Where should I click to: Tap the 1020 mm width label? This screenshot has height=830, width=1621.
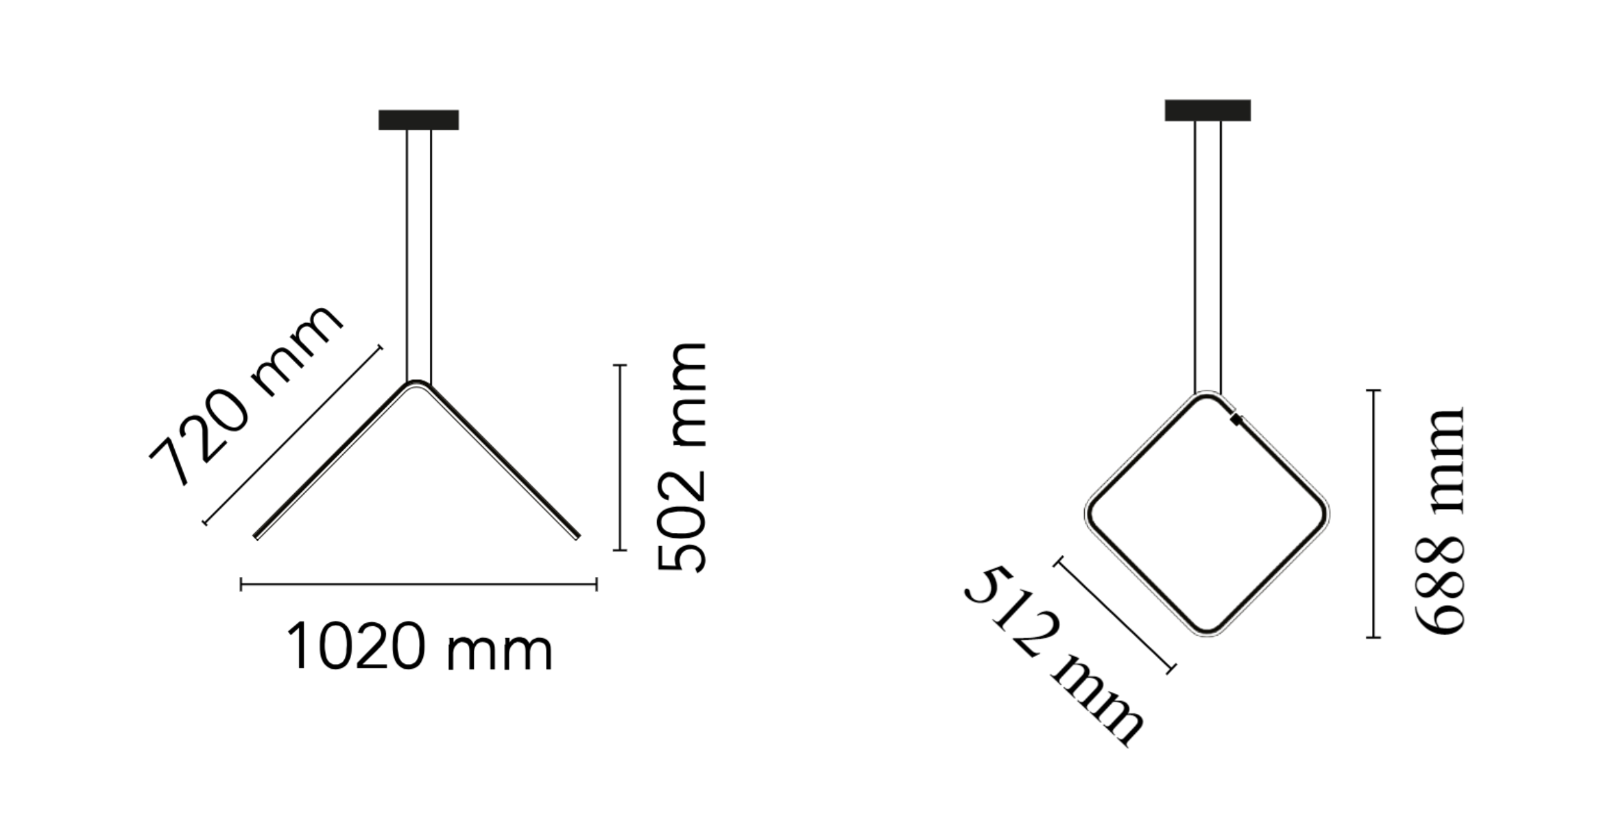coord(420,647)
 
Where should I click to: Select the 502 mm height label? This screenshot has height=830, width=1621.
coord(682,457)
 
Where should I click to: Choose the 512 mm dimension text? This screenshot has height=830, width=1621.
coord(1053,656)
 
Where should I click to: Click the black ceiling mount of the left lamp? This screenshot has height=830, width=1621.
coord(418,120)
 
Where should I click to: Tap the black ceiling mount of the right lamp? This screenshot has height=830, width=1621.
coord(1208,110)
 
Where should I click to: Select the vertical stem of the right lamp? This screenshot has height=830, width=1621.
coord(1208,257)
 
